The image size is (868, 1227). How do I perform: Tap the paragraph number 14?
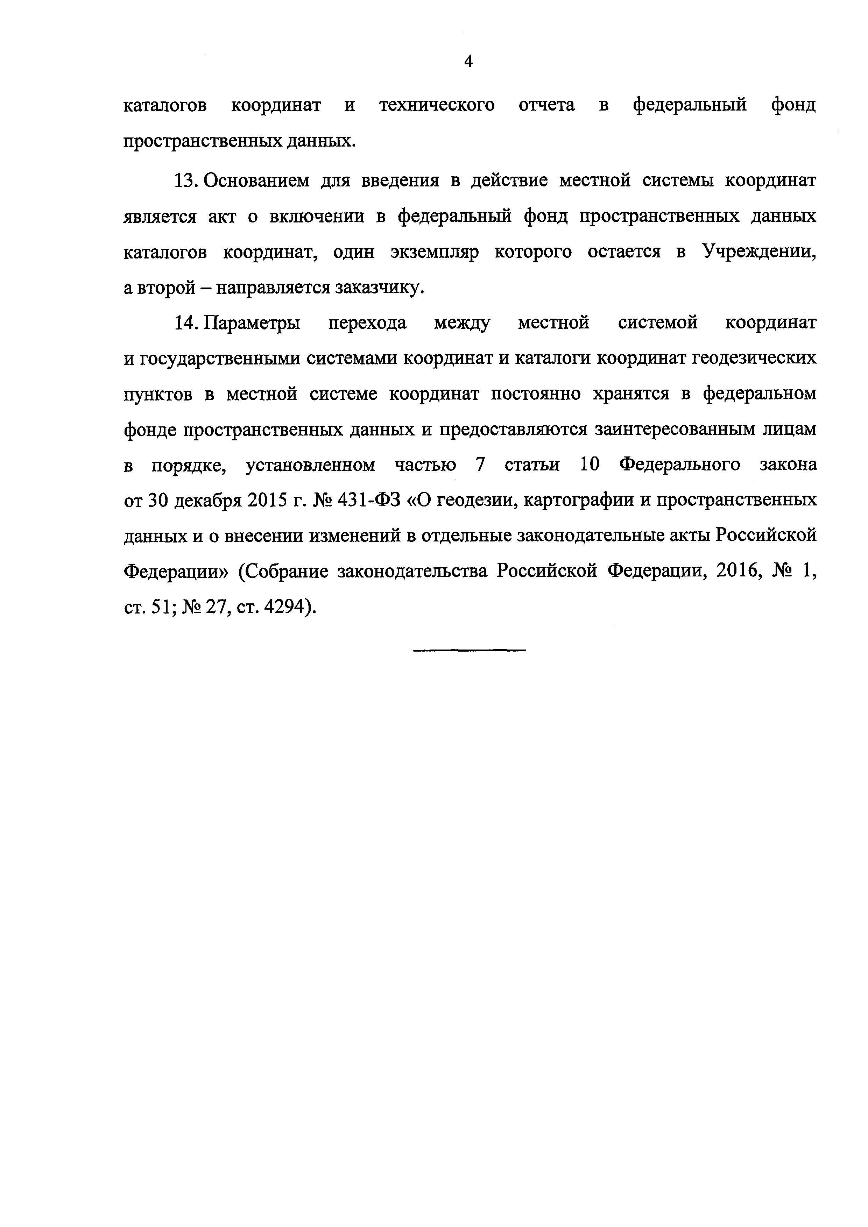pos(187,323)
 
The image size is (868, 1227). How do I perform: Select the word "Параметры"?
pos(253,323)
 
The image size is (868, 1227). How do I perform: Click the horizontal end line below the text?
pos(469,650)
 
